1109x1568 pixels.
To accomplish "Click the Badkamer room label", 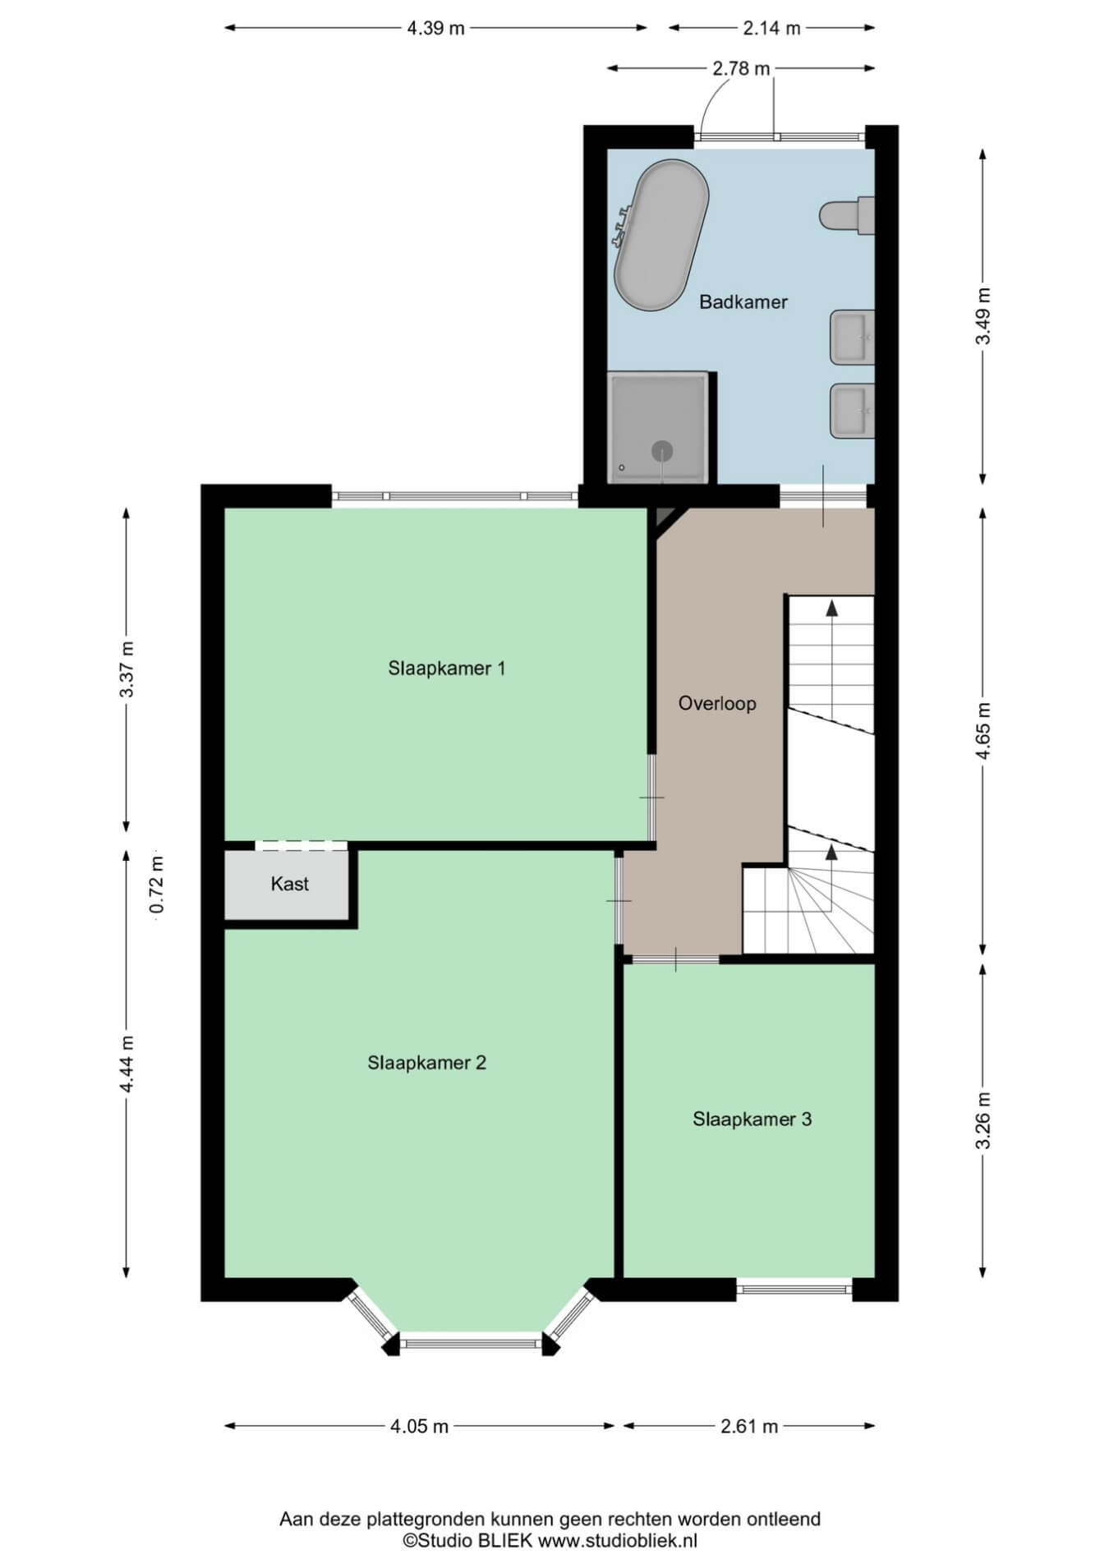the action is [743, 301].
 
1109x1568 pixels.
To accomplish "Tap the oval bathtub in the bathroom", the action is [661, 235].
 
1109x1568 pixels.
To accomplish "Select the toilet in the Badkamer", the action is [846, 216].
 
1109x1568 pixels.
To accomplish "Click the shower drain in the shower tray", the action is [662, 450].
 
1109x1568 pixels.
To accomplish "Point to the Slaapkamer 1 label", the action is [446, 668].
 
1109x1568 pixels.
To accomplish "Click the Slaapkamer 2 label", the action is [426, 1062].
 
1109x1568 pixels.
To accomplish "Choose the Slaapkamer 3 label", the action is [752, 1119].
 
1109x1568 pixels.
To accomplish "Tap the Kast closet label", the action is [290, 884].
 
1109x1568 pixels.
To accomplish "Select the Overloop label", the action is [717, 703].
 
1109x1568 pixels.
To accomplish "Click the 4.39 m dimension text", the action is [435, 28].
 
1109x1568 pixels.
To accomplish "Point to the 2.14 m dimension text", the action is [771, 28].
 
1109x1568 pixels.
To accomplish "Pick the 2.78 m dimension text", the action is [741, 69].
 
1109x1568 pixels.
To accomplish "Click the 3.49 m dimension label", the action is [984, 316].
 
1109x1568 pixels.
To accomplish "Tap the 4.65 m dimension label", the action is [984, 731].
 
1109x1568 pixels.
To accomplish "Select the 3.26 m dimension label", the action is [984, 1120].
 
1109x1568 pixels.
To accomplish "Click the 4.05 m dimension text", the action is [419, 1426].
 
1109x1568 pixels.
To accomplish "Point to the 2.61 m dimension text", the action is [749, 1426].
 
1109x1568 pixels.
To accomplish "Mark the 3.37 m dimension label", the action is [127, 668].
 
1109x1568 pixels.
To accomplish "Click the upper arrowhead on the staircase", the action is [831, 608].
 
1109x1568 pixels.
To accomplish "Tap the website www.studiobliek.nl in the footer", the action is [617, 1541].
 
